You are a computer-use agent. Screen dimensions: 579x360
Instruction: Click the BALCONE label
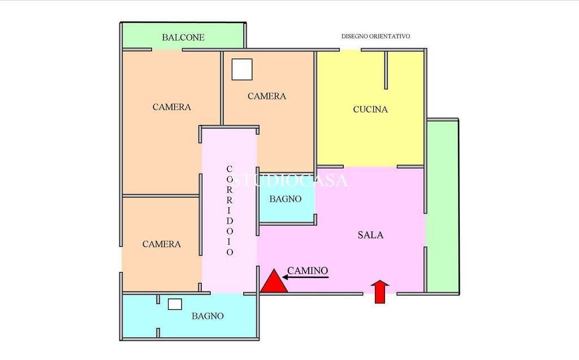(183, 37)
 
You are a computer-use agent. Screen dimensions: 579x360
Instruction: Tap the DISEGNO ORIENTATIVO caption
(375, 36)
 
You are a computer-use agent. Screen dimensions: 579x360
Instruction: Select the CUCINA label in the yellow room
(370, 109)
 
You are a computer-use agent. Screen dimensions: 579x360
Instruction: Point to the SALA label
(370, 235)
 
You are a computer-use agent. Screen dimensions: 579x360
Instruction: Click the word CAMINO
(308, 271)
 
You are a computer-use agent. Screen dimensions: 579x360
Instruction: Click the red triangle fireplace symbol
(274, 281)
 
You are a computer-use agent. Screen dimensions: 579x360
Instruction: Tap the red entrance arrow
(380, 292)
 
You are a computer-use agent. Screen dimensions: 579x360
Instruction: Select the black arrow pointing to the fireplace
(305, 277)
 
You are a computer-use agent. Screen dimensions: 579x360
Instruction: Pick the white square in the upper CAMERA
(242, 70)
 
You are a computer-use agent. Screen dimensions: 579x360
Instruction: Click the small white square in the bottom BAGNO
(175, 304)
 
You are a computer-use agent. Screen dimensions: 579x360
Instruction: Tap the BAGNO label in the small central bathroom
(286, 199)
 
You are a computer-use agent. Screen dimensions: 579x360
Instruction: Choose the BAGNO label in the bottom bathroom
(208, 316)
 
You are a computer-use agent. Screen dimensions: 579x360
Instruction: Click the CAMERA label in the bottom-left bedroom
(162, 244)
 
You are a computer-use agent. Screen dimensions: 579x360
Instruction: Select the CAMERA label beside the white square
(267, 97)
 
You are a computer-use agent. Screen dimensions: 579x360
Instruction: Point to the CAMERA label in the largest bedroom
(172, 107)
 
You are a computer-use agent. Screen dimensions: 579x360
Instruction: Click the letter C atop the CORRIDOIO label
(230, 169)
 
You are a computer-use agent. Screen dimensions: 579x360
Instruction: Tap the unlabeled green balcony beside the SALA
(443, 206)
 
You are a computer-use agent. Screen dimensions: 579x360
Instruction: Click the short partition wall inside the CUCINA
(386, 70)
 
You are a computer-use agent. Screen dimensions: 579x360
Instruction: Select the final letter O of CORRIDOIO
(230, 252)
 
